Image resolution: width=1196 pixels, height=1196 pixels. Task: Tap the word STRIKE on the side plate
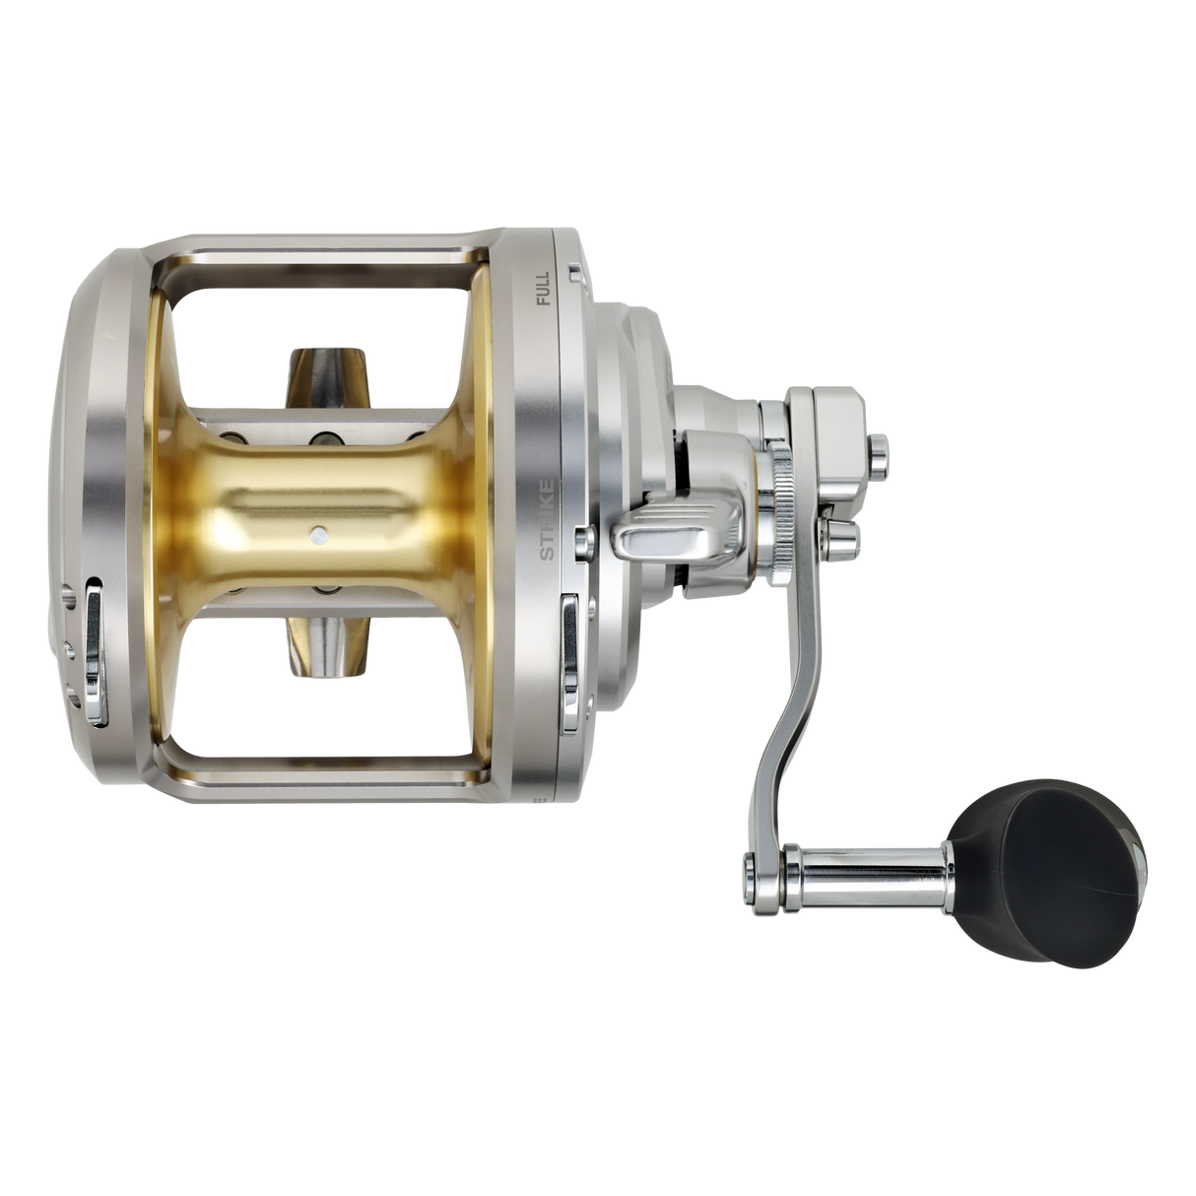click(x=547, y=519)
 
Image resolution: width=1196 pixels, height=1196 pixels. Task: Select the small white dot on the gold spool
click(x=317, y=533)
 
